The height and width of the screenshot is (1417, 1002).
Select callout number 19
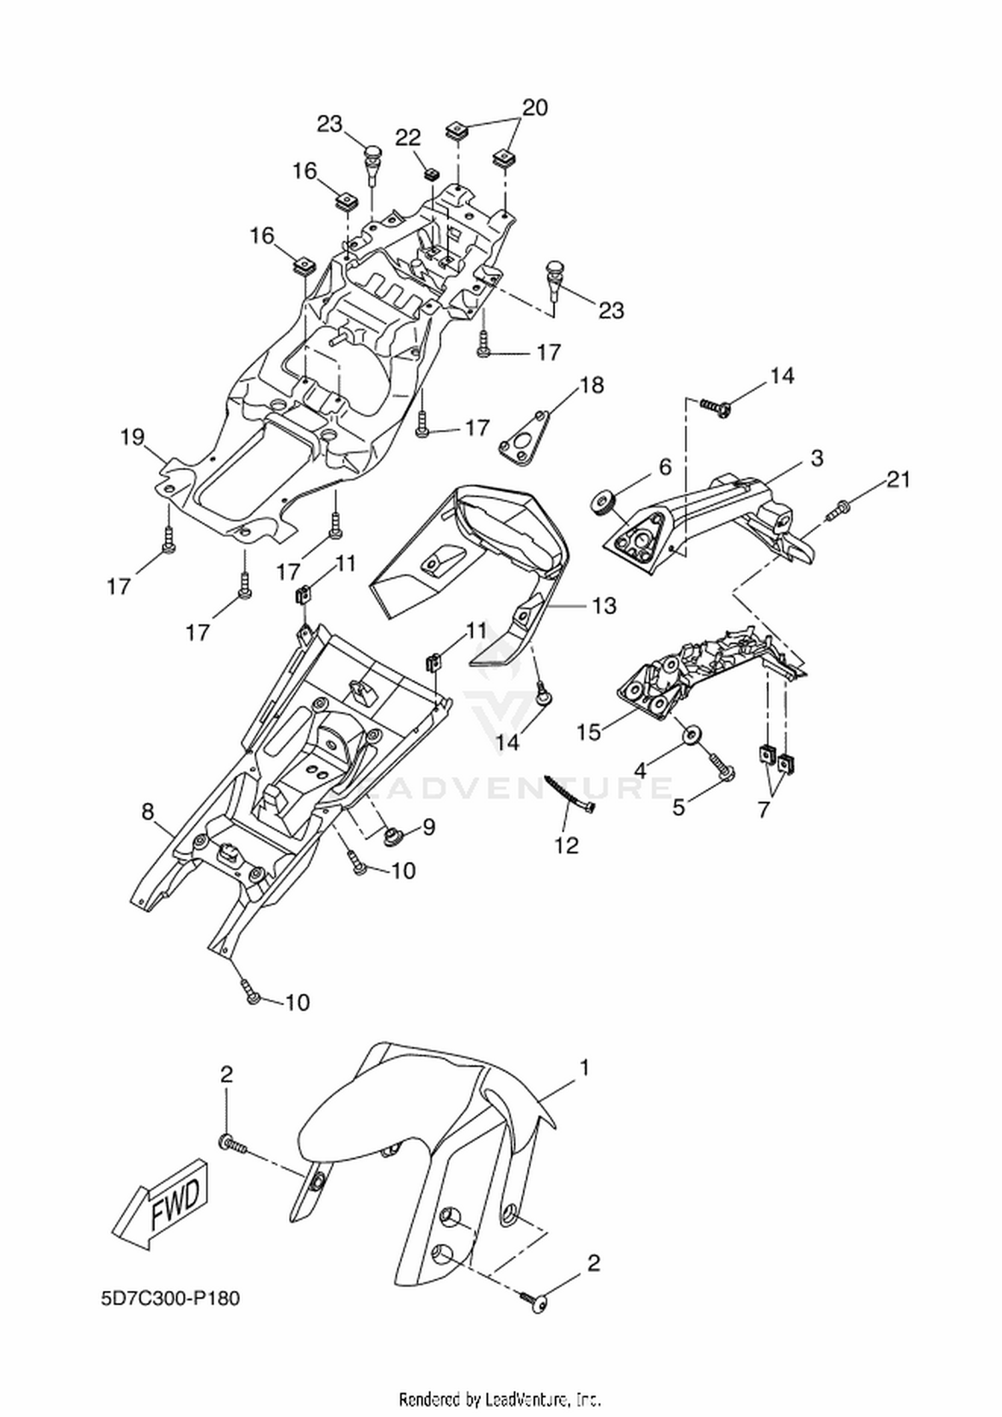[132, 437]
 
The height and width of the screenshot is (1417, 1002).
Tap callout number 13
[604, 606]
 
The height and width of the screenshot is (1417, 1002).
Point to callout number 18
[592, 385]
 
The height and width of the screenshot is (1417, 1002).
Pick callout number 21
[898, 479]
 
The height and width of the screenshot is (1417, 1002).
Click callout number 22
[408, 138]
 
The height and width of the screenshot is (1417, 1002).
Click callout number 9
[428, 827]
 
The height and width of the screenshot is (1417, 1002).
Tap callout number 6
[665, 467]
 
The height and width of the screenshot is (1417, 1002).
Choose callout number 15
[589, 732]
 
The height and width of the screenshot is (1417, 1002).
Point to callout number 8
[148, 811]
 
